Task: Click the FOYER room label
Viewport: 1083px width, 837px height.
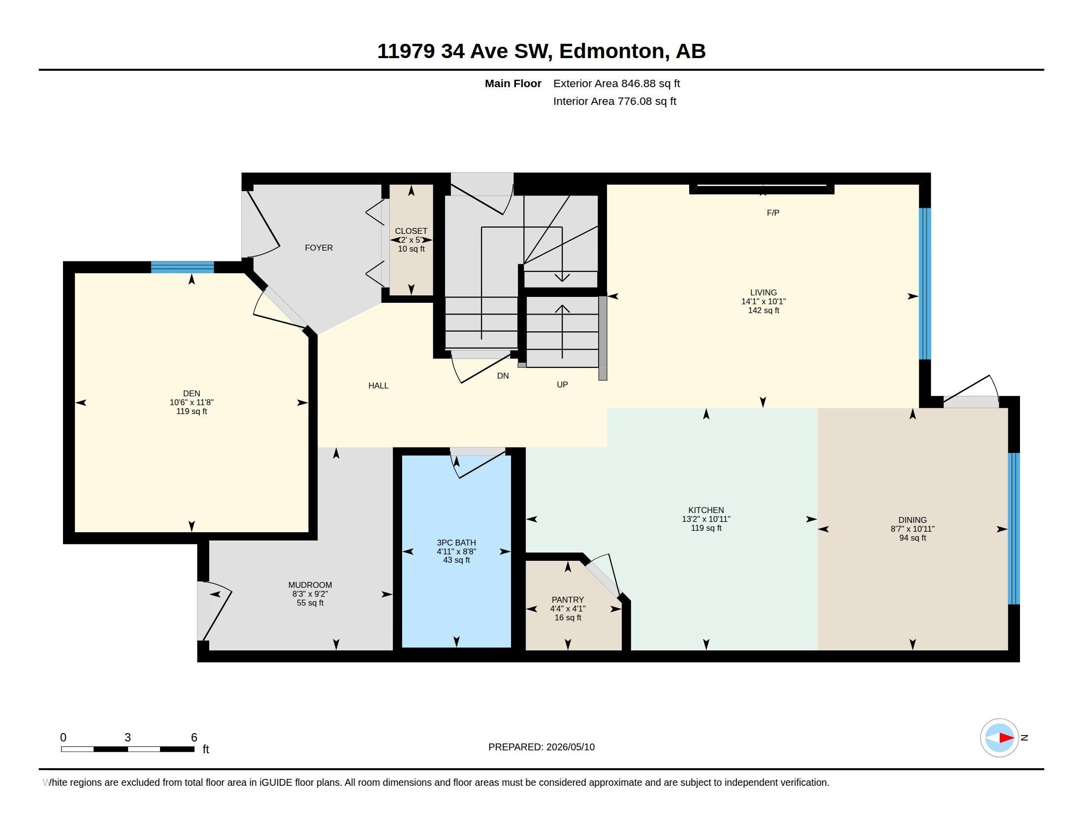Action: (x=319, y=248)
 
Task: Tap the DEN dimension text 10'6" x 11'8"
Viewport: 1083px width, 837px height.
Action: (x=191, y=403)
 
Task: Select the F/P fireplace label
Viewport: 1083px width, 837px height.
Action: (x=773, y=213)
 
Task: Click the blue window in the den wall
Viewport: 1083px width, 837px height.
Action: (x=183, y=267)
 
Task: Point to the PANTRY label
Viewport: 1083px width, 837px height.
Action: (x=568, y=600)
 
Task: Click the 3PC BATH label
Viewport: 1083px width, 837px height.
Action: (x=456, y=543)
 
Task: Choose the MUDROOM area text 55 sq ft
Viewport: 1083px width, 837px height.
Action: (x=310, y=603)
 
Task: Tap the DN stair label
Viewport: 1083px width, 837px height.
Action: (x=503, y=376)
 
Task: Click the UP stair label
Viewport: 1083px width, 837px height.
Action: (x=562, y=385)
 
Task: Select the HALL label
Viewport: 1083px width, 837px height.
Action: (x=379, y=386)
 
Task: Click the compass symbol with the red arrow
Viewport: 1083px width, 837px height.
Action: (x=999, y=738)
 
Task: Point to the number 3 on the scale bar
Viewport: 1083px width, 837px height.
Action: (x=127, y=738)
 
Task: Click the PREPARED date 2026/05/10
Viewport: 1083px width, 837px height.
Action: (x=570, y=747)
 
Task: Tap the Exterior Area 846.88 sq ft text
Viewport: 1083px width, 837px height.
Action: (x=616, y=83)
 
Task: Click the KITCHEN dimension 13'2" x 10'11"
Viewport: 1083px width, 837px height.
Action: (x=706, y=519)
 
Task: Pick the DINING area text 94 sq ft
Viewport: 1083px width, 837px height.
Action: (x=912, y=538)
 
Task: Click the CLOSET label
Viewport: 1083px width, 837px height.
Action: (x=411, y=231)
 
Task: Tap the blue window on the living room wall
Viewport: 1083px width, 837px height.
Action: (x=925, y=284)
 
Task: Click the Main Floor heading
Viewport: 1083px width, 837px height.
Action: (x=513, y=83)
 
